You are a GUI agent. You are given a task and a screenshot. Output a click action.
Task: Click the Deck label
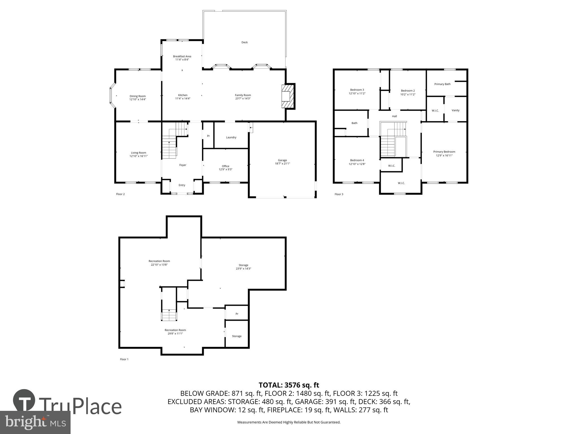tap(244, 42)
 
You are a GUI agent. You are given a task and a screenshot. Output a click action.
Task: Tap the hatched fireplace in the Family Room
tap(287, 96)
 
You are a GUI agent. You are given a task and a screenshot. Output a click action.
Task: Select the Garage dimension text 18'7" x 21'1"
tap(282, 164)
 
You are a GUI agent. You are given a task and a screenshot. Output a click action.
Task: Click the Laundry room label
tap(231, 137)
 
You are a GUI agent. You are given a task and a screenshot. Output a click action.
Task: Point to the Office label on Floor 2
tap(225, 166)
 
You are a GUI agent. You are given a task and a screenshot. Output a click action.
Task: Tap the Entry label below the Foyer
tap(182, 185)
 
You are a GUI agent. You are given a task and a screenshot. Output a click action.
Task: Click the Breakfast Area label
tap(182, 56)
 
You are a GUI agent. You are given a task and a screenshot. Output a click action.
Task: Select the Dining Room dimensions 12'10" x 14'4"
tap(138, 99)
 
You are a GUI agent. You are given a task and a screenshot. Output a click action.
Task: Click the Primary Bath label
tap(442, 84)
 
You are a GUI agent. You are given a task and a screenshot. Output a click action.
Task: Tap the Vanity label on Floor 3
tap(455, 110)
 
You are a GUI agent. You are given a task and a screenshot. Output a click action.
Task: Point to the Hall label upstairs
tap(394, 116)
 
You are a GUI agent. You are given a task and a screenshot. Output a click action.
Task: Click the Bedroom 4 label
tap(357, 160)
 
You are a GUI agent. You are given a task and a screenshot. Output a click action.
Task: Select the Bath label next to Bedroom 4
tap(354, 123)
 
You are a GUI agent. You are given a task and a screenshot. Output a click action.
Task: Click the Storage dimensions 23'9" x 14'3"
tap(243, 269)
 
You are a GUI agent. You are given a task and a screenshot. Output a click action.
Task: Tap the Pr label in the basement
tap(237, 314)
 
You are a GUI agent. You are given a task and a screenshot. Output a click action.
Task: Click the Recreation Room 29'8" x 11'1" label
tap(175, 332)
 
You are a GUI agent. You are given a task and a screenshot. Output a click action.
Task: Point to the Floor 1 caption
tap(124, 359)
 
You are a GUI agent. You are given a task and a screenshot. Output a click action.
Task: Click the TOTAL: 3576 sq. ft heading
tap(289, 385)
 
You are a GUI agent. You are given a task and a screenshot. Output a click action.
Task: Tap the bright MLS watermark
tap(35, 422)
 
